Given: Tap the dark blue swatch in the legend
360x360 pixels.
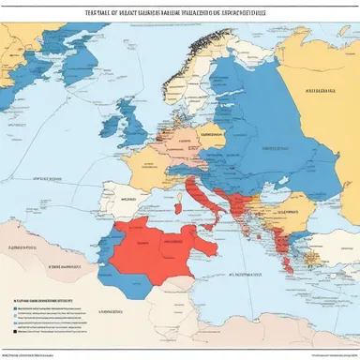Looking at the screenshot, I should [16, 306].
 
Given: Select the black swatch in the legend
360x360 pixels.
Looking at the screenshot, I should [16, 330].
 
